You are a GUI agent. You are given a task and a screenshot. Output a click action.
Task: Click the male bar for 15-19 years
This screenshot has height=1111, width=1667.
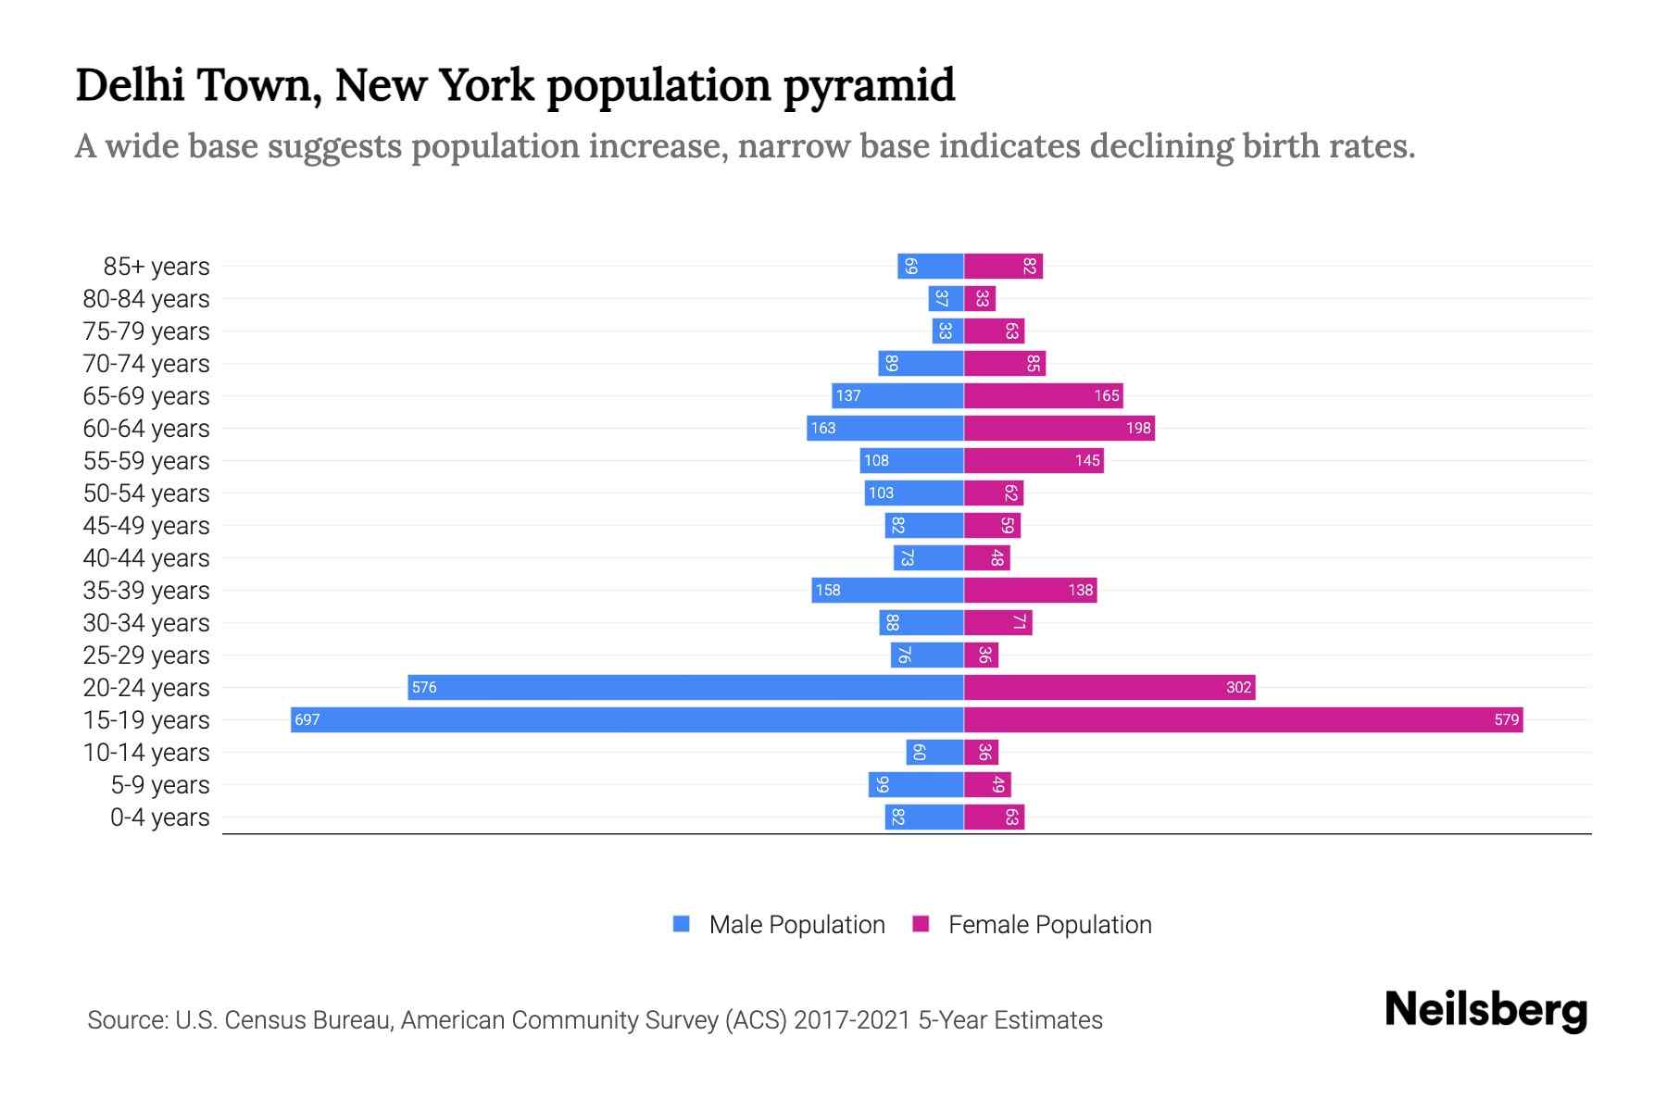pyautogui.click(x=627, y=719)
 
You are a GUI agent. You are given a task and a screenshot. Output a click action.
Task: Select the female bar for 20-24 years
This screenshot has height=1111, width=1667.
pyautogui.click(x=1109, y=687)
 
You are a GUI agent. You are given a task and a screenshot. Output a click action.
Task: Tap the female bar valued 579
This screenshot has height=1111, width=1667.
pyautogui.click(x=1243, y=719)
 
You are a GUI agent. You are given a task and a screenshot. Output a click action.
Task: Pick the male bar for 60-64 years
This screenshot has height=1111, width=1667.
pyautogui.click(x=884, y=428)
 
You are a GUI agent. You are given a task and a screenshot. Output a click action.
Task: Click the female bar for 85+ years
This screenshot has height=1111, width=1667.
pyautogui.click(x=1003, y=266)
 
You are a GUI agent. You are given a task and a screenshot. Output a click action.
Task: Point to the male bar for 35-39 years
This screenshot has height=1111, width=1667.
pyautogui.click(x=887, y=590)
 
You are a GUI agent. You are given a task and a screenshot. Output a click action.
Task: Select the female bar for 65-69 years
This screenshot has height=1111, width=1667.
pyautogui.click(x=1043, y=395)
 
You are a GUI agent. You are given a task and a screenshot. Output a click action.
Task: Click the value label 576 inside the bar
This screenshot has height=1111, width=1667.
pyautogui.click(x=424, y=687)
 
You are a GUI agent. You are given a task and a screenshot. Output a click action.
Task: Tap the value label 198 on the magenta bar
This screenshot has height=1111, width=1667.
pyautogui.click(x=1138, y=428)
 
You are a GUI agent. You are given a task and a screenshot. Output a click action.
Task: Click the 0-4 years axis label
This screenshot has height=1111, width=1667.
pyautogui.click(x=159, y=818)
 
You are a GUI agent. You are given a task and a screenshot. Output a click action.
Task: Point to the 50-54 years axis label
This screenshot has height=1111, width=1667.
pyautogui.click(x=146, y=493)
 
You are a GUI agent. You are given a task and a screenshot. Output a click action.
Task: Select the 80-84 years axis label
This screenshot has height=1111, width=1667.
pyautogui.click(x=146, y=299)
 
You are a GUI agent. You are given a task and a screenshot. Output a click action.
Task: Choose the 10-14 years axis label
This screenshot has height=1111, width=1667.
pyautogui.click(x=146, y=753)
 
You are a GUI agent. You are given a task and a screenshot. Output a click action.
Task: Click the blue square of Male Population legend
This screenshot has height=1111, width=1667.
pyautogui.click(x=682, y=924)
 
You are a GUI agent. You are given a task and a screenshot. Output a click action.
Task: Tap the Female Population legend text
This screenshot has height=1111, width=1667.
pyautogui.click(x=1049, y=925)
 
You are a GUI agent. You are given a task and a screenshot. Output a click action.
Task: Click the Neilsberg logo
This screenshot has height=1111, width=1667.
pyautogui.click(x=1485, y=1010)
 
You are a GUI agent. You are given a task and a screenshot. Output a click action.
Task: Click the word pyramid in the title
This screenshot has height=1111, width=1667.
pyautogui.click(x=869, y=86)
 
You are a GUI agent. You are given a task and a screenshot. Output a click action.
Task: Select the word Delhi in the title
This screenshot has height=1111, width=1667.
pyautogui.click(x=131, y=84)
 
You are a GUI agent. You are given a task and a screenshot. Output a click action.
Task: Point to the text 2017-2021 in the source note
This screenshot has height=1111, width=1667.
pyautogui.click(x=852, y=1020)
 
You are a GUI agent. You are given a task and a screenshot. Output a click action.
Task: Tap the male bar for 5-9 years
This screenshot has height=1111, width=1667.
pyautogui.click(x=916, y=784)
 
